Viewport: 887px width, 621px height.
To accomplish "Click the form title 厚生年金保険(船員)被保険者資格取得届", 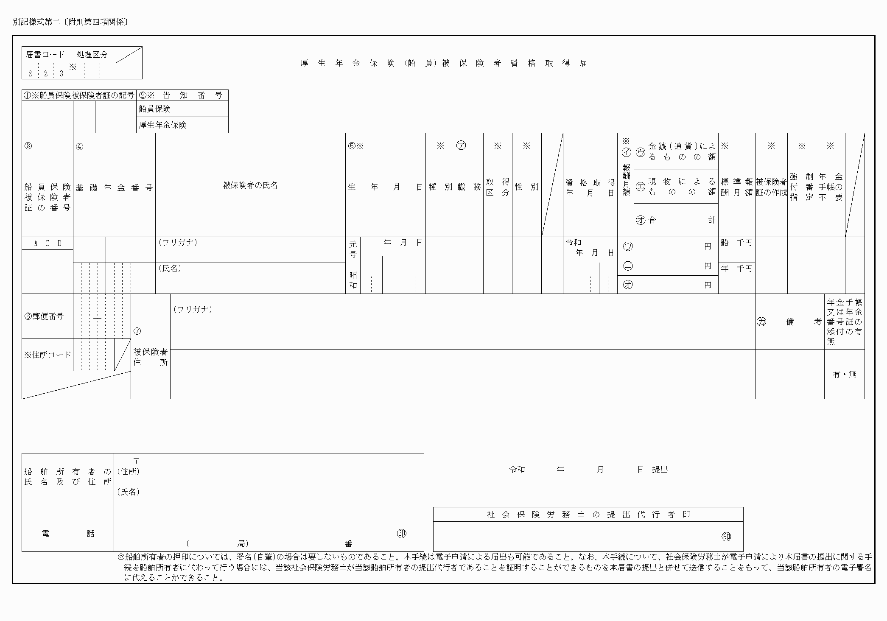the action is tap(444, 63).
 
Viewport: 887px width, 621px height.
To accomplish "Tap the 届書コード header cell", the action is tap(45, 55).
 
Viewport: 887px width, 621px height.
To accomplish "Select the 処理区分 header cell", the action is tap(92, 55).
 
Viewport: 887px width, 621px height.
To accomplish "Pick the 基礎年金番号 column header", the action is tap(115, 188).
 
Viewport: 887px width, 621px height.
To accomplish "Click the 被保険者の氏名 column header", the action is tap(250, 185).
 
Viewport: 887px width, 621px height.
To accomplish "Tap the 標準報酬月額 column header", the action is tap(737, 187).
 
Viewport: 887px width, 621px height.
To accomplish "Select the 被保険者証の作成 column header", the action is tap(771, 187).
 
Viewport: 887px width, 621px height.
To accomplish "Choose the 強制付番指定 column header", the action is tap(802, 187).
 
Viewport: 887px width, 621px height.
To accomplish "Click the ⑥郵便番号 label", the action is tap(44, 316).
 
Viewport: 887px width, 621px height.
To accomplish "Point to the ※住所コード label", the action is tap(48, 355).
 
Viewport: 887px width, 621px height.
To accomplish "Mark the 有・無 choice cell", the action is tap(845, 375).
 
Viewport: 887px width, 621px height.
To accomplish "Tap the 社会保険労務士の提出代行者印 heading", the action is tap(588, 515).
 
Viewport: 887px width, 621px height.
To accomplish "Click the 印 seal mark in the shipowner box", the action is tap(401, 534).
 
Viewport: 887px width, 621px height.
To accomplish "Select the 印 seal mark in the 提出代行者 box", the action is tap(726, 537).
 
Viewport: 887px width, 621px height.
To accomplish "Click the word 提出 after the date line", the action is tap(660, 470).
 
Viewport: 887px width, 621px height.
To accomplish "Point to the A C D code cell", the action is tap(48, 243).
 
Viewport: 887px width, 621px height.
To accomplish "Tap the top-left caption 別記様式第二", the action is tap(36, 22).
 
